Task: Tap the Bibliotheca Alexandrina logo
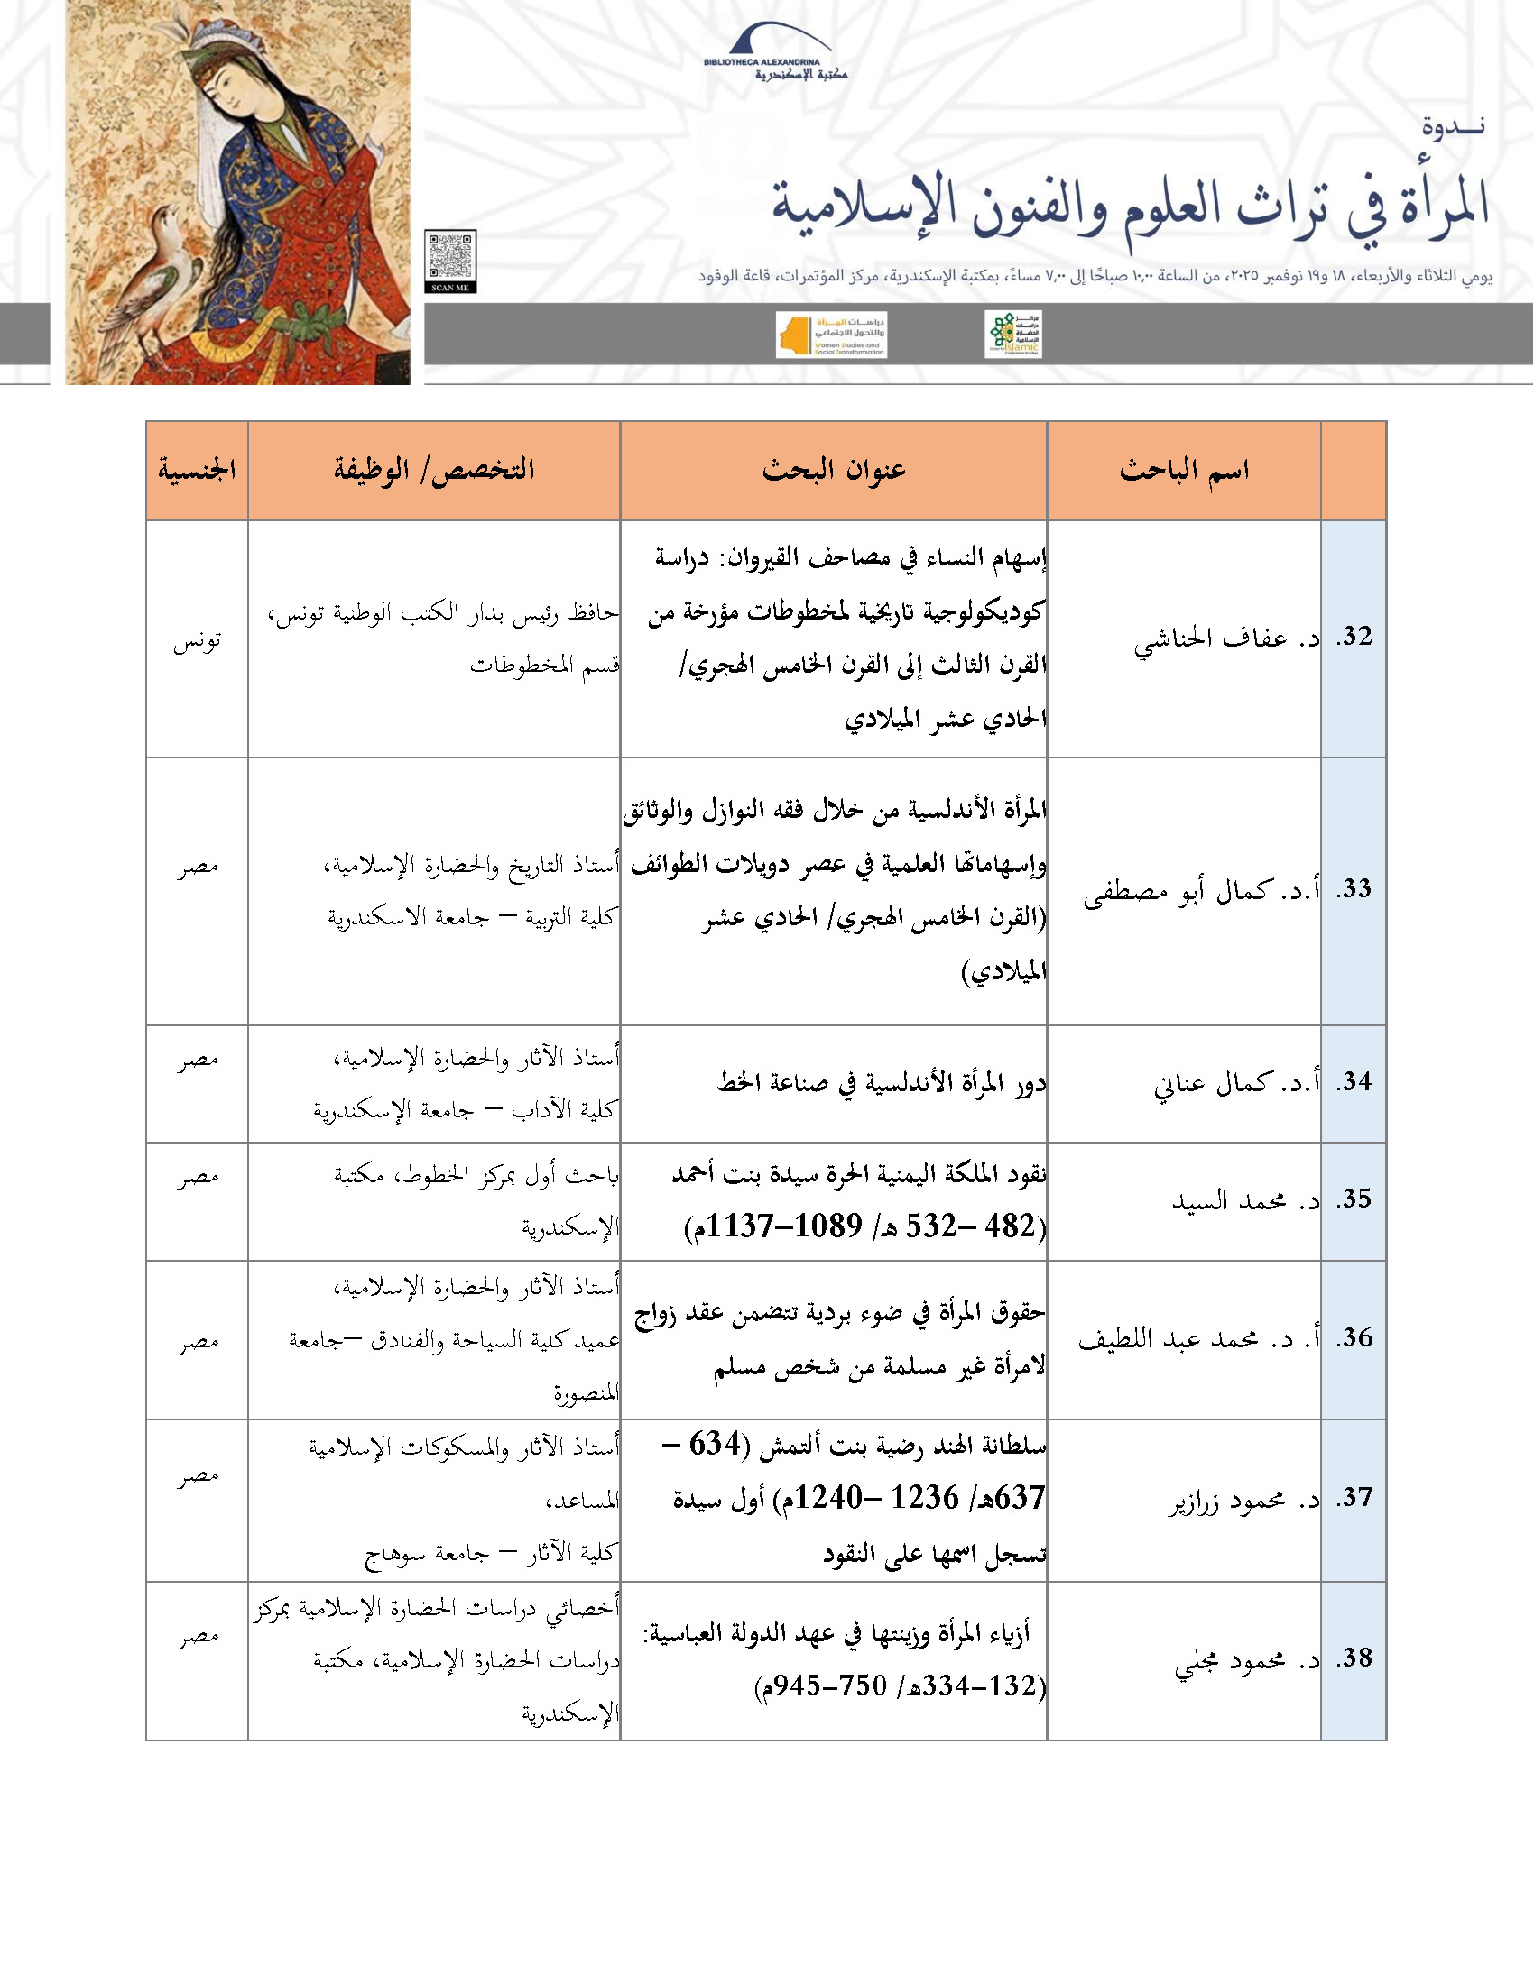click(775, 54)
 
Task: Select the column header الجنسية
click(197, 470)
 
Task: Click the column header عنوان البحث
click(834, 470)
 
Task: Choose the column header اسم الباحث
click(1183, 470)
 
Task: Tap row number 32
click(1354, 637)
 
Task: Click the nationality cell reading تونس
click(197, 641)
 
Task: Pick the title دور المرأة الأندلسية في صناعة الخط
click(881, 1083)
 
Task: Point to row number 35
click(1354, 1199)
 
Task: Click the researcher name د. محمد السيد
click(1244, 1201)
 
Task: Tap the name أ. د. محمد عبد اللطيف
click(1198, 1339)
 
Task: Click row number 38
click(1354, 1658)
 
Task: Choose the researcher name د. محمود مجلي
click(1246, 1660)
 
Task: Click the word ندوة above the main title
click(1453, 126)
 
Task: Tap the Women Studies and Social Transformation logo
click(830, 335)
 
